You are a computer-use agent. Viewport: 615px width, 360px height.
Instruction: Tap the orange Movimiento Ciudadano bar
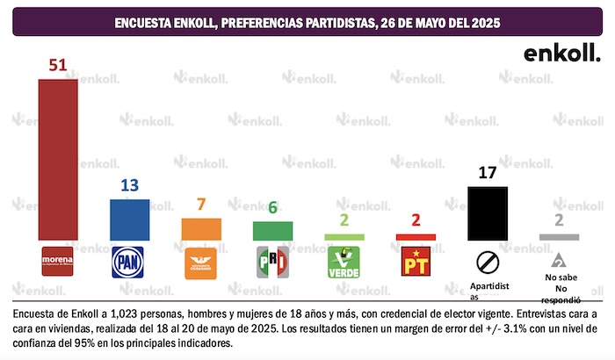[x=200, y=229]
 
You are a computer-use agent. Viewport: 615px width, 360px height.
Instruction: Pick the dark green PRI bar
[x=272, y=231]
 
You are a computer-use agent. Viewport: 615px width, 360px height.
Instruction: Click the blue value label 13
[x=129, y=185]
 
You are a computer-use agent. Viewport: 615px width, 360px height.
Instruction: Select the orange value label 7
[x=200, y=205]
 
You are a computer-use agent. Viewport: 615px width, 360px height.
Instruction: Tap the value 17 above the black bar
[x=487, y=173]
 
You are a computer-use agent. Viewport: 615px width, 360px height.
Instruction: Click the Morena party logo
[x=58, y=261]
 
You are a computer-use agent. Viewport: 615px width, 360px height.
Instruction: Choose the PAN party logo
[x=129, y=262]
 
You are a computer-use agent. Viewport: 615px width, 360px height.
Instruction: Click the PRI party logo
[x=272, y=262]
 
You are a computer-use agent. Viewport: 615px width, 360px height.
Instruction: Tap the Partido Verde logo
[x=344, y=262]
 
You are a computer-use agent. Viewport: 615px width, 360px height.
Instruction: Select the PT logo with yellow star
[x=416, y=262]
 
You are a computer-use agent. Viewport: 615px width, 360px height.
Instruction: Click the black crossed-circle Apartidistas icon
[x=487, y=262]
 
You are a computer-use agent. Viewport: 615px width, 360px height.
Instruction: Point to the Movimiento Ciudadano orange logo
[x=200, y=262]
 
